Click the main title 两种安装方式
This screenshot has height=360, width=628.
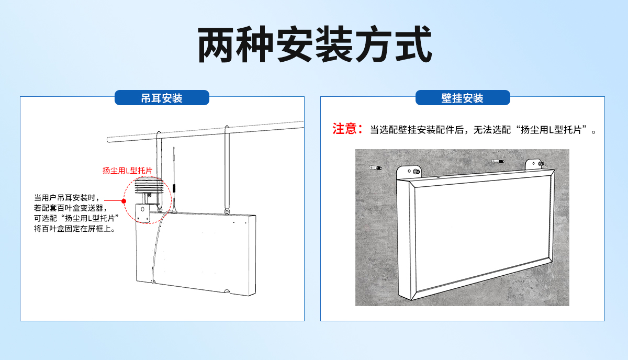315,46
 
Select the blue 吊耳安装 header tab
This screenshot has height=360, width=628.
162,98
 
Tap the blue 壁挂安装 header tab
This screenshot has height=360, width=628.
462,98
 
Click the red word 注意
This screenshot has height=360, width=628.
345,129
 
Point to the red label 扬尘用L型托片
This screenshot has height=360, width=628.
127,171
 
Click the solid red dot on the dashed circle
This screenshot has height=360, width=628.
124,201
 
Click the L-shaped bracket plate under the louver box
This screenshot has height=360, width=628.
143,212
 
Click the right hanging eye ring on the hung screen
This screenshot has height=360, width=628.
227,211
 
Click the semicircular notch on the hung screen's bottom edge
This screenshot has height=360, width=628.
227,292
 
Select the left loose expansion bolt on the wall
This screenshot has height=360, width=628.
375,168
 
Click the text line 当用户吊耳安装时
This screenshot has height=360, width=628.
66,198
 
